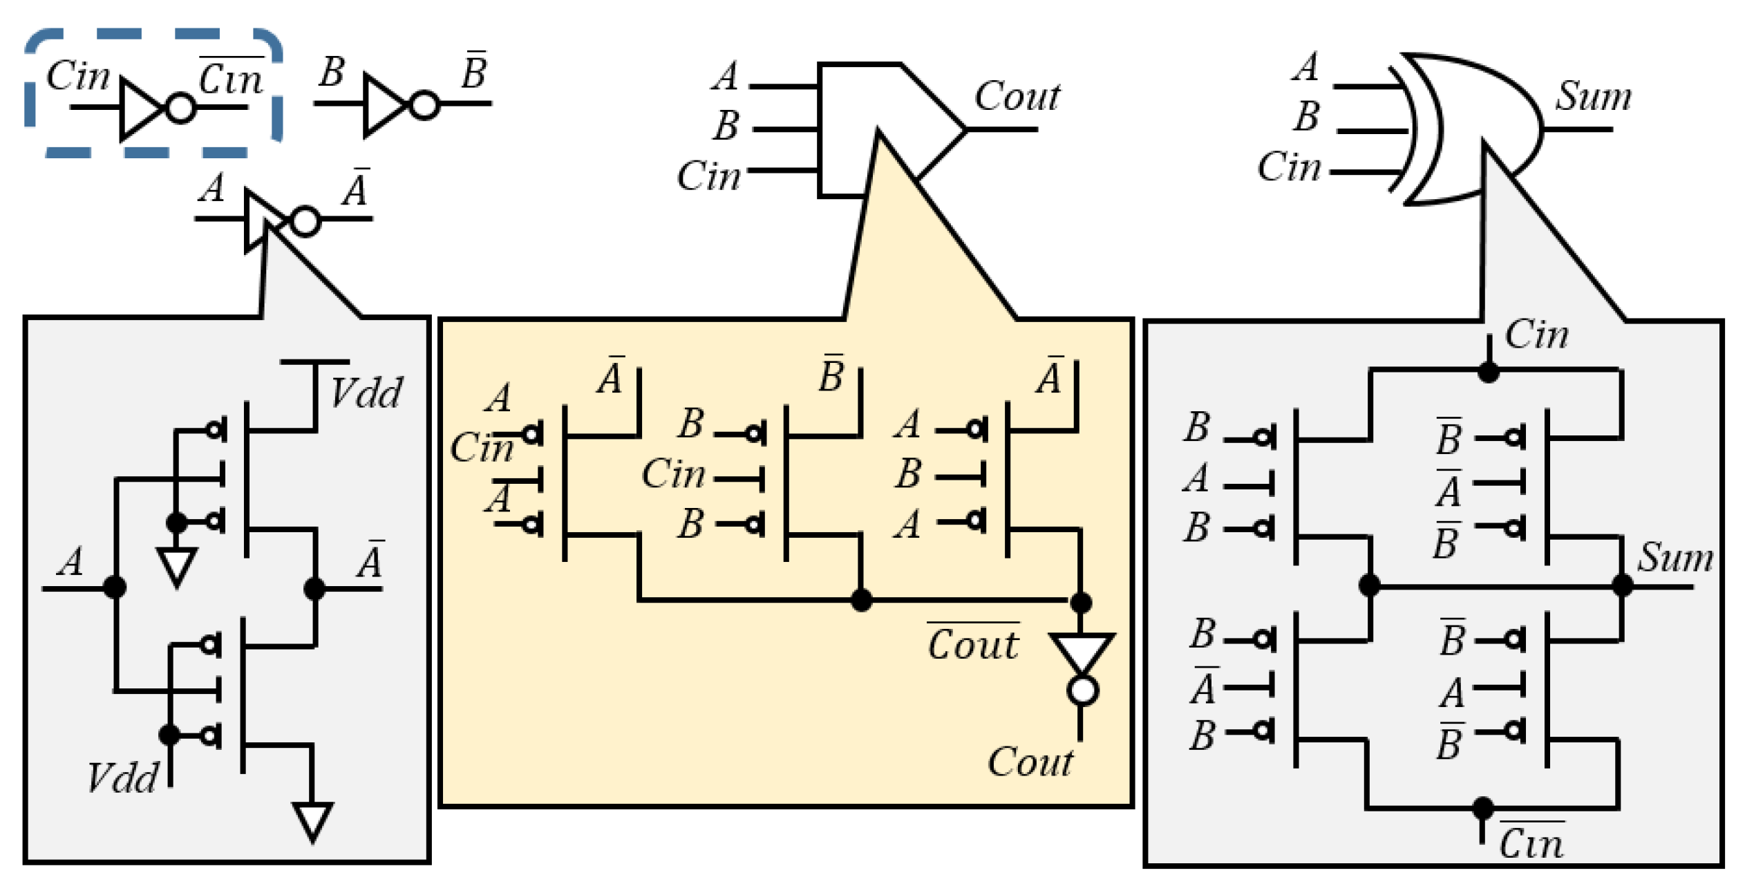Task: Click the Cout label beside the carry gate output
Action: click(x=1017, y=96)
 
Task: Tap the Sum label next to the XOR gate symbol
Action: click(x=1593, y=96)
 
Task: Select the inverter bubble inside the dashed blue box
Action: click(x=181, y=109)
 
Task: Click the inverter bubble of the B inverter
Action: click(x=424, y=105)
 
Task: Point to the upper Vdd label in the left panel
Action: click(x=366, y=393)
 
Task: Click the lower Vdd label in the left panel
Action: click(x=122, y=778)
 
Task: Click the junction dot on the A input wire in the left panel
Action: click(x=115, y=587)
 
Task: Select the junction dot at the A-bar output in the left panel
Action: click(x=314, y=588)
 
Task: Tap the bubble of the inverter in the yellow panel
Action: click(x=1082, y=690)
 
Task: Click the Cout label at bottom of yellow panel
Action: click(x=1030, y=762)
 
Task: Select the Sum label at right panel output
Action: click(x=1675, y=557)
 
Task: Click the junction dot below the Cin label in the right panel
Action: click(x=1488, y=373)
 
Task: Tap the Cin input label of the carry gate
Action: click(x=708, y=176)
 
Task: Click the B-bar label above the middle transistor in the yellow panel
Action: click(x=831, y=375)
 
